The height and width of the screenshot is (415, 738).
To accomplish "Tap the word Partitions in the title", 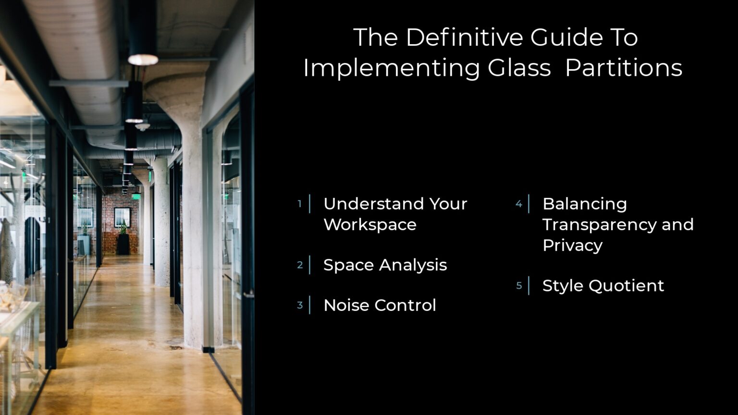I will pos(624,68).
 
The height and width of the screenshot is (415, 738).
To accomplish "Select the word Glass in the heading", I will pos(519,68).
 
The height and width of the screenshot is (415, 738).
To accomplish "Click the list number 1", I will pos(299,204).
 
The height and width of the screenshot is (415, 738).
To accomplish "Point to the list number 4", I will pos(518,204).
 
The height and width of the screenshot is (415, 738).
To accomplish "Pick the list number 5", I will pos(518,286).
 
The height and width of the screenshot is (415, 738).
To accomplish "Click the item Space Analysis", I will pos(385,265).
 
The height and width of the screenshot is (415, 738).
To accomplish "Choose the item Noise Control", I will pos(380,305).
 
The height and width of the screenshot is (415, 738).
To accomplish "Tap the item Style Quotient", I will pos(603,286).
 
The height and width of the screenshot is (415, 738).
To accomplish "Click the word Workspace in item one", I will pos(370,225).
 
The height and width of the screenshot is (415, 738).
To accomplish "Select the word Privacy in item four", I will pos(572,245).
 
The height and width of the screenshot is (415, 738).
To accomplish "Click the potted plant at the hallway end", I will pos(123,239).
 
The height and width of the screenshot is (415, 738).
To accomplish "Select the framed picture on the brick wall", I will pos(122,217).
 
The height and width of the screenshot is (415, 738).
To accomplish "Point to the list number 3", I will pos(299,305).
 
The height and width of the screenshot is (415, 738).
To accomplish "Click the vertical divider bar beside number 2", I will pos(309,265).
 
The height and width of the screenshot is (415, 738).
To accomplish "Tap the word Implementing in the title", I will pos(391,68).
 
